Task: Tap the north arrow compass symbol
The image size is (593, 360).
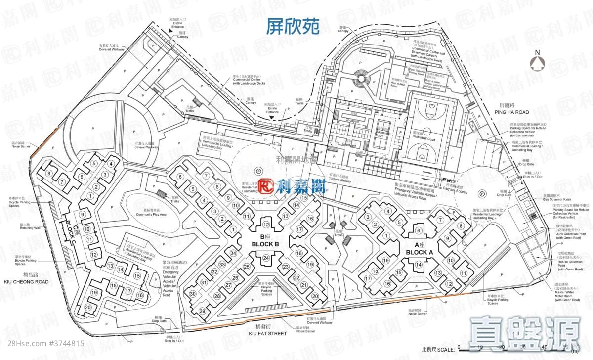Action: click(537, 62)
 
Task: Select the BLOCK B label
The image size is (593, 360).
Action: click(266, 244)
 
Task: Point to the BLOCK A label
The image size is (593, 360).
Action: click(420, 252)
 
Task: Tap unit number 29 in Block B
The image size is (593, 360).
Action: click(202, 311)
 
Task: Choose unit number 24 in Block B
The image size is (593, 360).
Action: click(266, 258)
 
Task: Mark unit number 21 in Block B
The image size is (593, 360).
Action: click(304, 285)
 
